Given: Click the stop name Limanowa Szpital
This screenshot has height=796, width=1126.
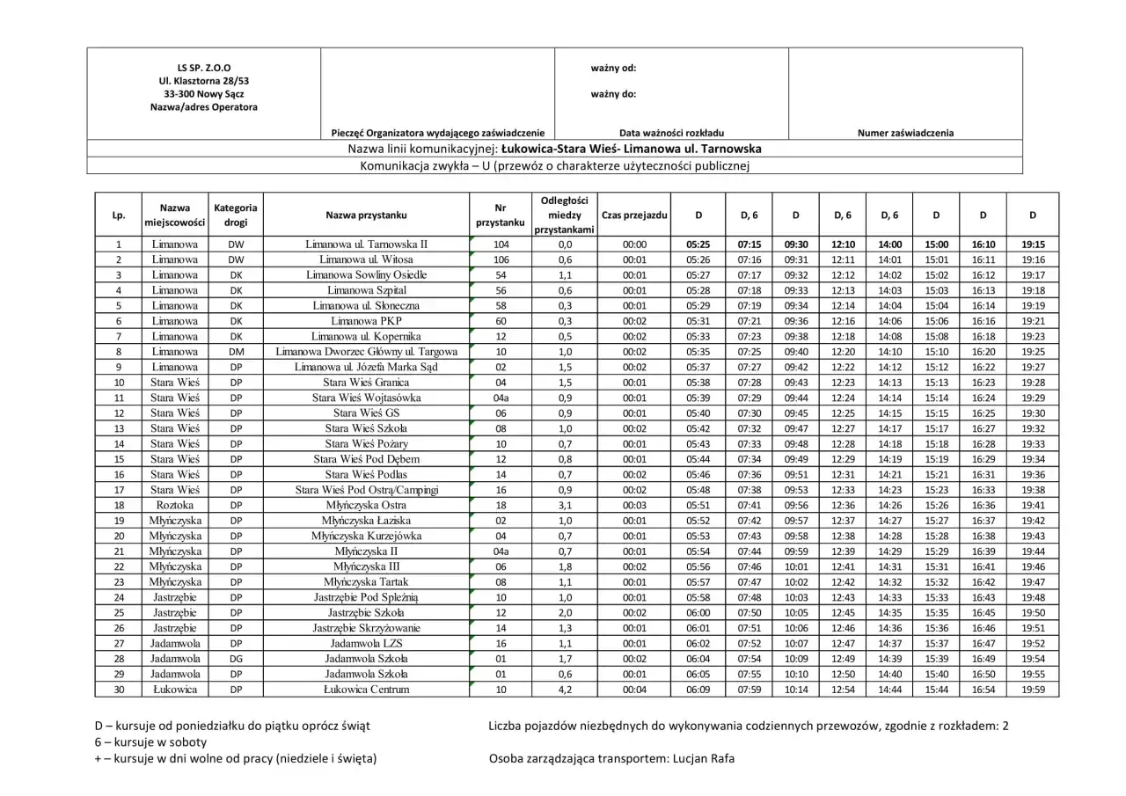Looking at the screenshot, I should pos(366,290).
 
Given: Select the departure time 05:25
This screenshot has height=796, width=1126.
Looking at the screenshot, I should pos(698,244).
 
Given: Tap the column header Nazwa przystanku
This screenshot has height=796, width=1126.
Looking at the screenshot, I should pos(366,215).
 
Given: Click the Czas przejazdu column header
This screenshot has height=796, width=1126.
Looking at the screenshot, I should pos(633,215).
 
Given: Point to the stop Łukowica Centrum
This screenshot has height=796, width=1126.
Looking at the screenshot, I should pos(366,690).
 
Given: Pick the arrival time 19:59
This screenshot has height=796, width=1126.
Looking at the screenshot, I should pos(1034,690).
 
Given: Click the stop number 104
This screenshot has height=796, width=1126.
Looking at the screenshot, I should pos(501,244).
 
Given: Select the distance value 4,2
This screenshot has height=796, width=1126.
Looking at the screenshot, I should pos(565,690).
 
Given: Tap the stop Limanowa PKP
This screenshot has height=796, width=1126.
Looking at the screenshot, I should pos(366,321).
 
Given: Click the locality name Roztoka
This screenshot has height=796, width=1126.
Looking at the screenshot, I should pos(174,505).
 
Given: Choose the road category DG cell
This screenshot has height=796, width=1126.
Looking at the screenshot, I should pos(236,659).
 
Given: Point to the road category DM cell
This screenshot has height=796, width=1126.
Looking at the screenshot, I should pos(236,352).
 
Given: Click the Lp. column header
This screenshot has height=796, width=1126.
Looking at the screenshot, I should pos(118,215).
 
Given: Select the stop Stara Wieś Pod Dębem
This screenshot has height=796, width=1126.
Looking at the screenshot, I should pos(366,459).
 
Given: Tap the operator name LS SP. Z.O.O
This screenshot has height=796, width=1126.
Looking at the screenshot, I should pos(204,67).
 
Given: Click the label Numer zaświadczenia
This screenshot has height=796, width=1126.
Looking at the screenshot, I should pos(905,133).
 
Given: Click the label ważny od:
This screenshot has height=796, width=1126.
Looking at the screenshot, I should pos(613,68).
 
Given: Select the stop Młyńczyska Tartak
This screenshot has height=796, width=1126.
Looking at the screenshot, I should pos(366,581).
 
